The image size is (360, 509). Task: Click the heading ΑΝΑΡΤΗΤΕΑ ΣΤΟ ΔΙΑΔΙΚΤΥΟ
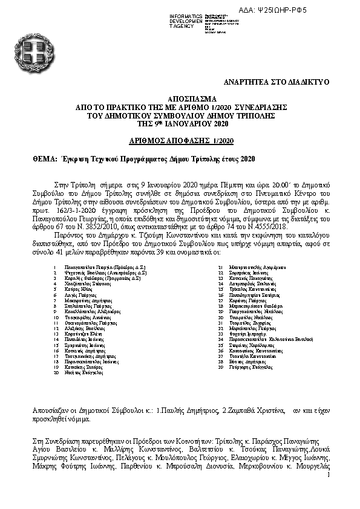coord(277,80)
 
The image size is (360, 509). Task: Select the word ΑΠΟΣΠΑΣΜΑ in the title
coord(180,99)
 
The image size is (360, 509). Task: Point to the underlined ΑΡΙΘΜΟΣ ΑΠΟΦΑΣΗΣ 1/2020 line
coord(180,140)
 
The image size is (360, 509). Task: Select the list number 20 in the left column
coord(56,374)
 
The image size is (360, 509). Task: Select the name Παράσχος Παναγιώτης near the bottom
coord(278,441)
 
